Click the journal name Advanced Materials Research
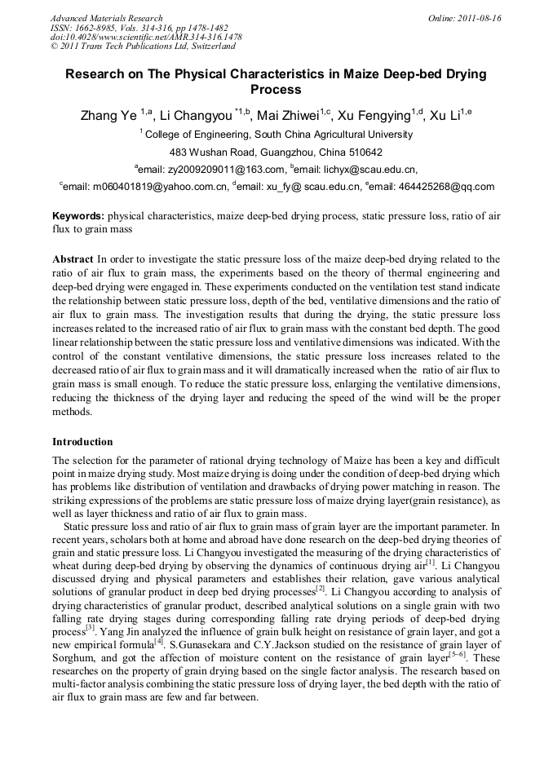(106, 18)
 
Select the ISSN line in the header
(139, 28)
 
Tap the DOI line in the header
(146, 38)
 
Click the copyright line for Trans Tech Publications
(143, 47)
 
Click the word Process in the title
(276, 90)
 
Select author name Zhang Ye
(108, 115)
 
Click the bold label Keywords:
(78, 216)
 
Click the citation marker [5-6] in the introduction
(458, 654)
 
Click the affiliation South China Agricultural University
(334, 135)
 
